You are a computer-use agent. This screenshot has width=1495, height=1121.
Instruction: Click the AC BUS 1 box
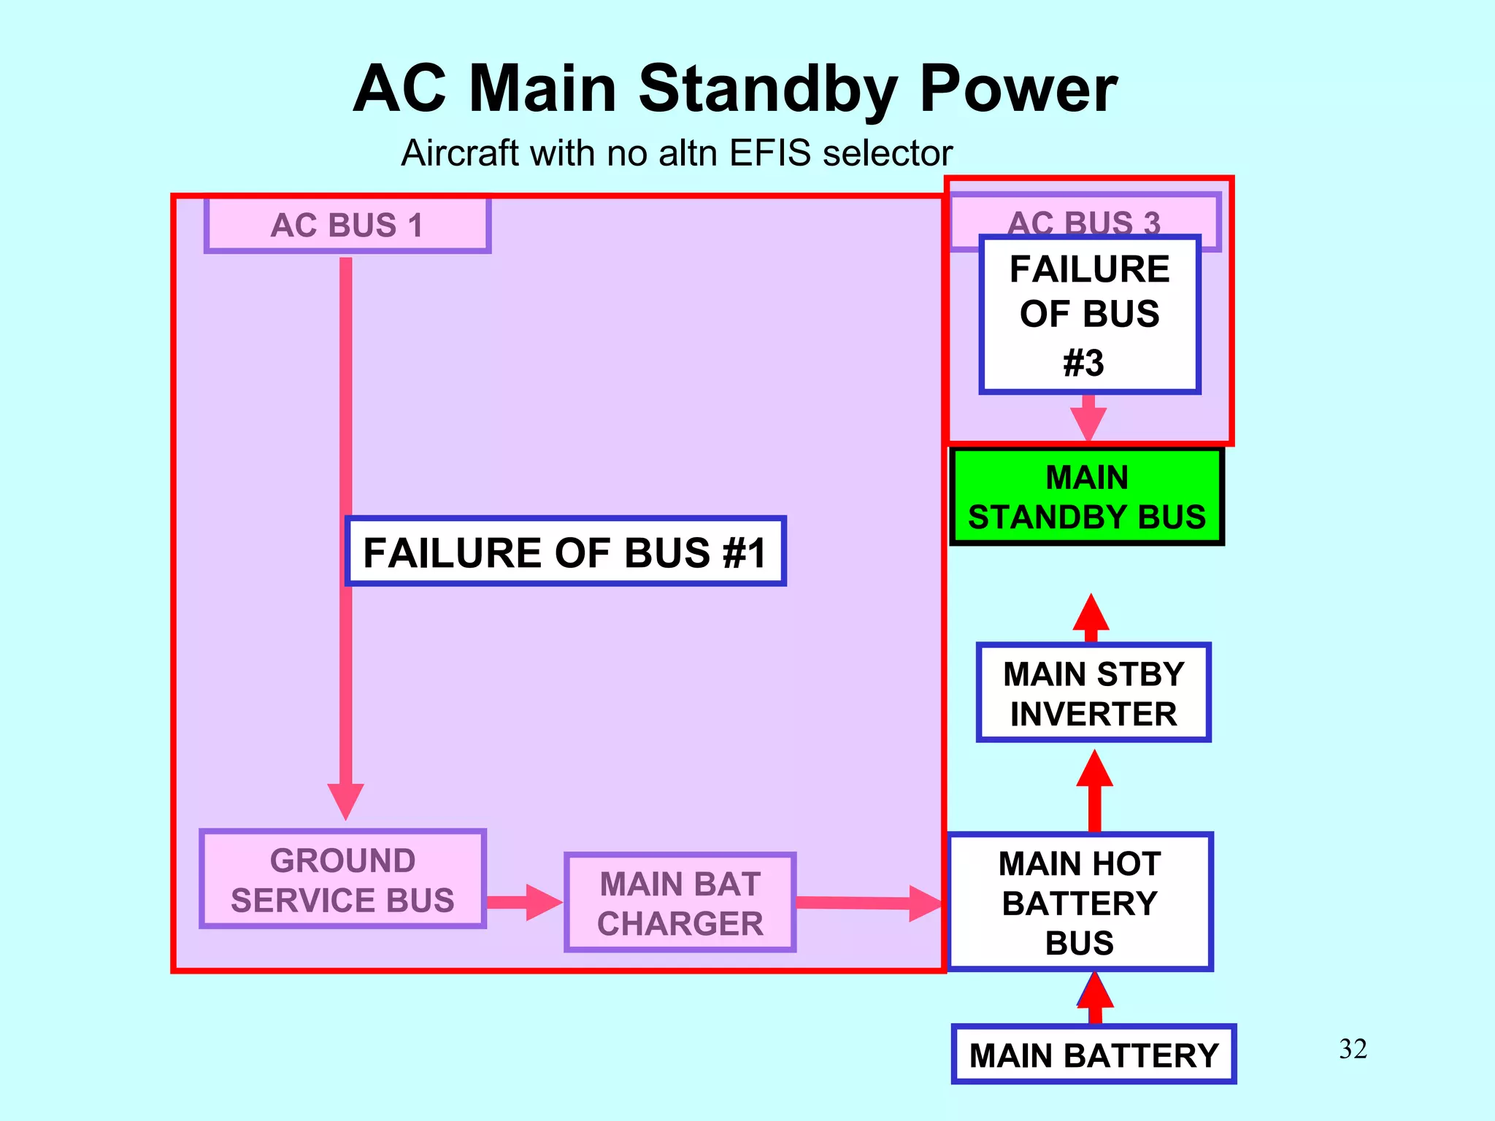click(x=347, y=225)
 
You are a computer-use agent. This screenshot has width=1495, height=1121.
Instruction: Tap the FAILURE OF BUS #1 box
click(x=566, y=552)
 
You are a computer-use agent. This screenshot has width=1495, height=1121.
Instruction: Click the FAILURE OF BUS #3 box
click(x=1089, y=315)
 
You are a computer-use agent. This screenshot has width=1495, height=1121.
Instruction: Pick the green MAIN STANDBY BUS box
click(x=1086, y=497)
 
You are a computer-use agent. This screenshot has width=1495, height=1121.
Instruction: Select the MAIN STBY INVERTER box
click(x=1093, y=693)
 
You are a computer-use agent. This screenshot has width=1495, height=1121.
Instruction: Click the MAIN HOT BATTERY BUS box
click(x=1080, y=902)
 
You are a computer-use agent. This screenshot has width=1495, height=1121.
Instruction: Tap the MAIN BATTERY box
click(x=1093, y=1055)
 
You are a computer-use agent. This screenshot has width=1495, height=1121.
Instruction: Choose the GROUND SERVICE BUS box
click(x=342, y=879)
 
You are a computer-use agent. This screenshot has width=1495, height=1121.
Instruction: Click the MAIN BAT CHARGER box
click(x=680, y=903)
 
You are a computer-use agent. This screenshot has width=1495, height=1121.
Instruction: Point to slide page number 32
click(x=1353, y=1049)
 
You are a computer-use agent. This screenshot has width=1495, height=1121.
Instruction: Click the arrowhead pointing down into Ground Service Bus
click(x=345, y=801)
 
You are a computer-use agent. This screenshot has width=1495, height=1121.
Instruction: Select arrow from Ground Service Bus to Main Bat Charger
click(x=524, y=902)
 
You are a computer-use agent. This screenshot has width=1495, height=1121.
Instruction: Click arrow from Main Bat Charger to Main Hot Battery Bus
click(x=869, y=904)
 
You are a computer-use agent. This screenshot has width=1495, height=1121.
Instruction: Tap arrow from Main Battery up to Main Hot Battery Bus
click(x=1095, y=998)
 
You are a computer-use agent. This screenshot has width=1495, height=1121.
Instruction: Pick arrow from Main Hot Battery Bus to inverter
click(x=1094, y=792)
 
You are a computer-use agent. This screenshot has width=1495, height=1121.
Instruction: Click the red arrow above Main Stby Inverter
click(x=1091, y=617)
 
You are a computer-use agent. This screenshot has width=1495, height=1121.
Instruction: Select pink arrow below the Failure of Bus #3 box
click(x=1088, y=419)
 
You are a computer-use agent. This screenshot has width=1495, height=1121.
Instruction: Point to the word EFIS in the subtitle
click(x=769, y=153)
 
